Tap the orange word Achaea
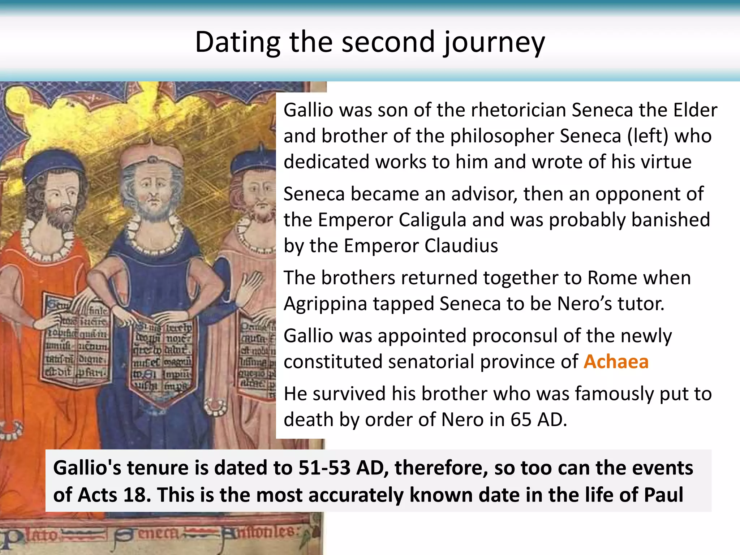click(x=616, y=362)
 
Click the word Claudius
click(x=461, y=246)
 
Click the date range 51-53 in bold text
click(x=324, y=468)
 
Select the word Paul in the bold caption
click(x=663, y=495)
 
